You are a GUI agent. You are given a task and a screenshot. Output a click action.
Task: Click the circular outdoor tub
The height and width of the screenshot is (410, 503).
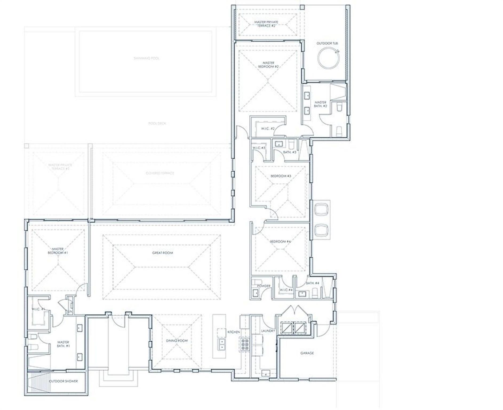328,58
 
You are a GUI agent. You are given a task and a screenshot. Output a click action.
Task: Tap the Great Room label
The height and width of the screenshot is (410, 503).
162,253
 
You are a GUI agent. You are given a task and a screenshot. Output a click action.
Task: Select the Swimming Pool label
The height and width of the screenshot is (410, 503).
146,58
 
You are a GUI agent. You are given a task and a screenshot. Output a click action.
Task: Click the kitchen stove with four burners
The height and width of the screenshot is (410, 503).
245,344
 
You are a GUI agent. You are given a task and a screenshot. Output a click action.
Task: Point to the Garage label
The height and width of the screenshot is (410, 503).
307,353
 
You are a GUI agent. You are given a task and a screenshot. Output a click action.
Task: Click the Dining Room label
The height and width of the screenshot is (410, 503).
177,341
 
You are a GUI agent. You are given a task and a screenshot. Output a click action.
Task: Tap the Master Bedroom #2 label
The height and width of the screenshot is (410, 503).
269,65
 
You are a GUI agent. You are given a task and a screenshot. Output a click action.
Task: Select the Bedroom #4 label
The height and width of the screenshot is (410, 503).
280,242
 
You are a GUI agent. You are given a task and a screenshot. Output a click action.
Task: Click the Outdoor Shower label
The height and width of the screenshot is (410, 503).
63,381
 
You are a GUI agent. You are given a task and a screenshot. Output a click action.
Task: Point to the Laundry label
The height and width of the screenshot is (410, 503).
268,331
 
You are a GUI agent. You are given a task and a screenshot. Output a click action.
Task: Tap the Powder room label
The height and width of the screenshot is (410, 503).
264,286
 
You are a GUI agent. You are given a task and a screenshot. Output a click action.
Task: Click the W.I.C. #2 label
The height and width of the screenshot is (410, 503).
268,129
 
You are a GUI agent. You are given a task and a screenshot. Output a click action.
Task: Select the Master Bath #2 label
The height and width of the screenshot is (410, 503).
320,104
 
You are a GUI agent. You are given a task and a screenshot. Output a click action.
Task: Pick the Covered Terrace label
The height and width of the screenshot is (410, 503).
160,173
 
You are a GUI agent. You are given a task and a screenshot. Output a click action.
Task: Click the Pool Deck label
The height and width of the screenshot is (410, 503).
157,123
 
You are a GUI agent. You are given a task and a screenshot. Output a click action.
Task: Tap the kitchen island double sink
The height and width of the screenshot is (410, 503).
222,344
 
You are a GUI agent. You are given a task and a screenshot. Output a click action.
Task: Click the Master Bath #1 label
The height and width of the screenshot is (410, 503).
63,344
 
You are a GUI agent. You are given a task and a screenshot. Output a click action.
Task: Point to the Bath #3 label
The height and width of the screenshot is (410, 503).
290,152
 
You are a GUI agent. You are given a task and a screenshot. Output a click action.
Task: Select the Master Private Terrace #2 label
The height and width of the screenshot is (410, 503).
266,24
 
